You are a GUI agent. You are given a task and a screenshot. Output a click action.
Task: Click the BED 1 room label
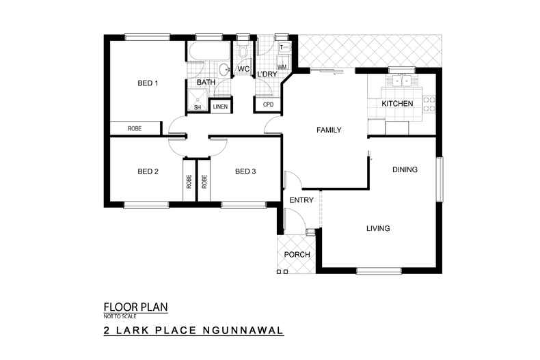point(148,84)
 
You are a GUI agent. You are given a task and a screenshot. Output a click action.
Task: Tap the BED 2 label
point(148,171)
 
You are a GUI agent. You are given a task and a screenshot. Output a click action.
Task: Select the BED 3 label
point(245,171)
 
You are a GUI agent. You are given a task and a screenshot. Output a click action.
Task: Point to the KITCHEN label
point(397,104)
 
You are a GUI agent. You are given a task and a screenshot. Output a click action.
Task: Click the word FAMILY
point(328,130)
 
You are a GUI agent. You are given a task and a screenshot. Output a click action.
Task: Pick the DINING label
point(405,169)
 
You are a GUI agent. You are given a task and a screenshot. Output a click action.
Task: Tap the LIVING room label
point(377,228)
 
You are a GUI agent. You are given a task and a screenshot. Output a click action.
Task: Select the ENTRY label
point(301,200)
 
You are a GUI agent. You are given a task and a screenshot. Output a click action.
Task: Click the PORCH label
point(297,255)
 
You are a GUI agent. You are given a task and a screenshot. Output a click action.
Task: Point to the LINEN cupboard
point(220,107)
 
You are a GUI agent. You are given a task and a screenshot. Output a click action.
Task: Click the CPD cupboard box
point(268,105)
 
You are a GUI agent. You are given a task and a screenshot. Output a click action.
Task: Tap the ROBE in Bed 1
point(135,128)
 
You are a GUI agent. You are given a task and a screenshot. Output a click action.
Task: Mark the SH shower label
point(198,107)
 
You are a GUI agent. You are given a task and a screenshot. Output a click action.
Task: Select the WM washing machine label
point(282,67)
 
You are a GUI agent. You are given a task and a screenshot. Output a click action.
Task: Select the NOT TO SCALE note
point(120,316)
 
